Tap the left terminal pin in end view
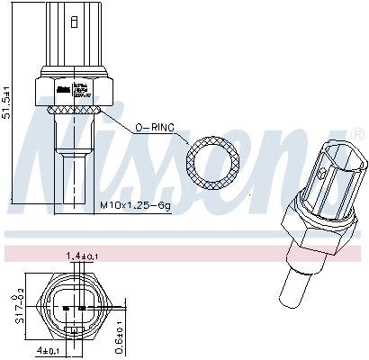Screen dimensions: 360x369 point(66,308)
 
